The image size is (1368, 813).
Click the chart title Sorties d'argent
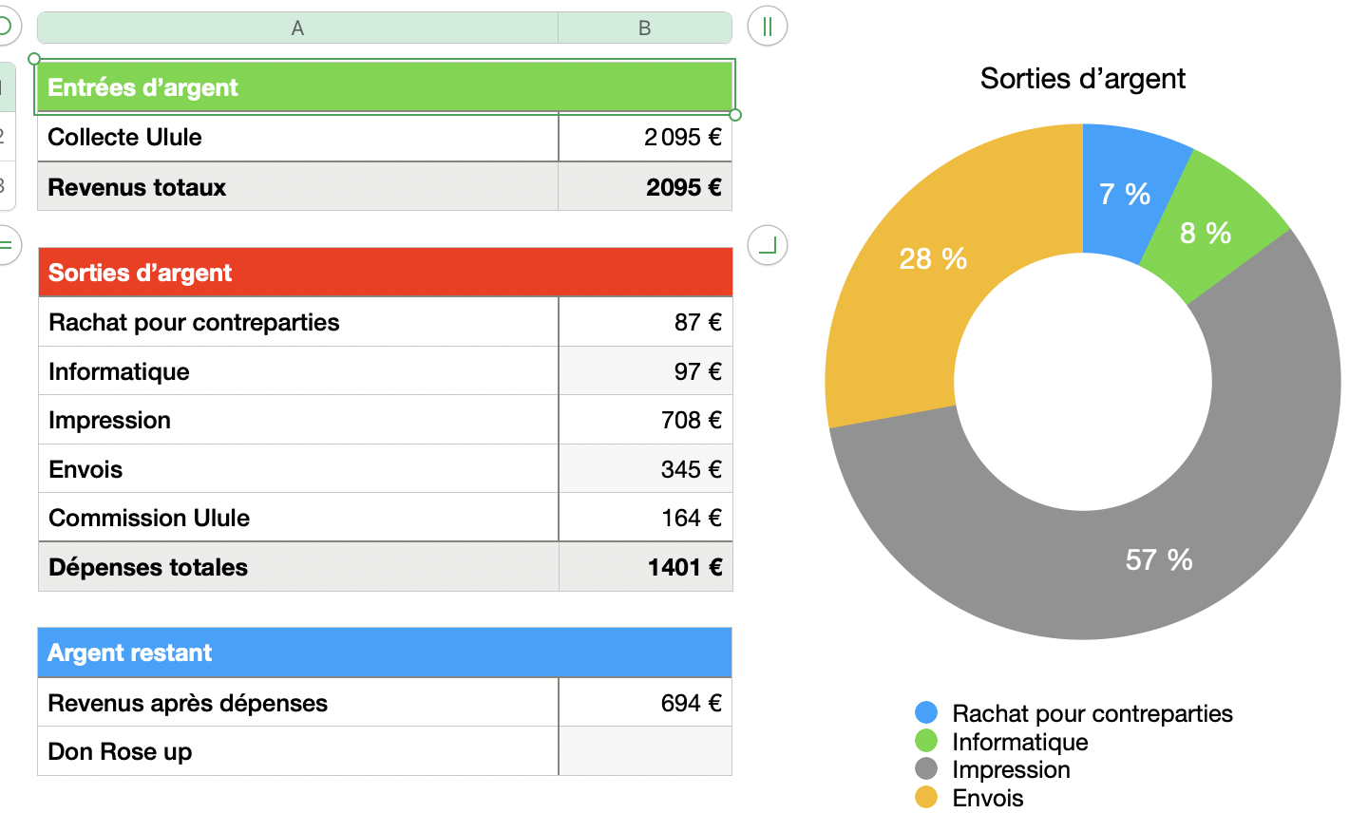[1082, 79]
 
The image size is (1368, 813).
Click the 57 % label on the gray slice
[1158, 559]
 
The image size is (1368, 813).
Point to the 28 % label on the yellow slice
[932, 258]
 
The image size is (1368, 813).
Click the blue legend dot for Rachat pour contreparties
[925, 712]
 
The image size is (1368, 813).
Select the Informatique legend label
[1019, 742]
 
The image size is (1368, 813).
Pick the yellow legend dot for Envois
[925, 797]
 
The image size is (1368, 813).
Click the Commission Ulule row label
[149, 518]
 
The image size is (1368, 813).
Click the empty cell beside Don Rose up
[645, 751]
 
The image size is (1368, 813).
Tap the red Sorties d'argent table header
[385, 273]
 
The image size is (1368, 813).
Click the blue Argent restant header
[385, 652]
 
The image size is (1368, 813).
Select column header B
[644, 28]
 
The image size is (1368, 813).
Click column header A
[297, 28]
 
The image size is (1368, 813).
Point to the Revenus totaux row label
[137, 187]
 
